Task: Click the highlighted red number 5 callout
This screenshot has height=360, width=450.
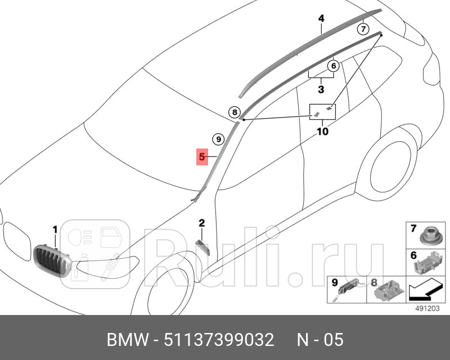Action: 202,156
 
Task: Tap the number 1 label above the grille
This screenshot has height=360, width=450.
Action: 55,229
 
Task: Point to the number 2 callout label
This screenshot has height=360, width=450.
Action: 201,224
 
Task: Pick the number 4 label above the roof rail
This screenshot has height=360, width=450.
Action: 321,19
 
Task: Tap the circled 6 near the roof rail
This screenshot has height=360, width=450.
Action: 333,66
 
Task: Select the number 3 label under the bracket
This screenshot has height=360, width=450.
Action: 321,89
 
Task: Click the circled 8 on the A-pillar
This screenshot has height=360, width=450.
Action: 235,112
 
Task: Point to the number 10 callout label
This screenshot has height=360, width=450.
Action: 322,132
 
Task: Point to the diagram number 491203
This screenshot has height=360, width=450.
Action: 427,308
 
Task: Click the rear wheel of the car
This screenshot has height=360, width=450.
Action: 391,161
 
